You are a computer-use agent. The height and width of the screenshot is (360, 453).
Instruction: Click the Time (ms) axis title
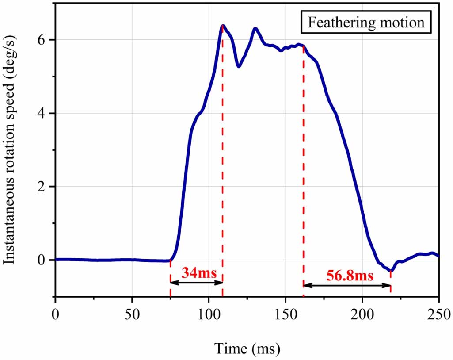click(x=247, y=349)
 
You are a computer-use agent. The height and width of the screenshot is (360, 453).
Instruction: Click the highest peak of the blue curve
click(x=223, y=26)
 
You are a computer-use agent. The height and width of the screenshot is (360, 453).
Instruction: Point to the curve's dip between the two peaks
click(x=239, y=66)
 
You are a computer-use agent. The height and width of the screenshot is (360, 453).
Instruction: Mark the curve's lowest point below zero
click(x=390, y=271)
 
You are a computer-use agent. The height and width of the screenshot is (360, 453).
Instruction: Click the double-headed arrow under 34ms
click(x=196, y=283)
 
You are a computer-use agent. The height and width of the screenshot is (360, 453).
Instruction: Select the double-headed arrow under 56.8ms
click(x=347, y=286)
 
